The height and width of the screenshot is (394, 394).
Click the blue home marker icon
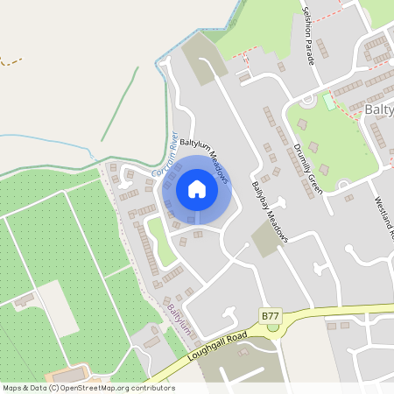point(196,189)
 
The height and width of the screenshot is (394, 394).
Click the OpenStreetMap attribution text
point(88,388)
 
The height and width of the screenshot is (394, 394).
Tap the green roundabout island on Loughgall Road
point(273,327)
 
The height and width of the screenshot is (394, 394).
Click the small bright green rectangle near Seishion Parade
point(328,102)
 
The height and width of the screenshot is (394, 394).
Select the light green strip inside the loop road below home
point(159,242)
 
